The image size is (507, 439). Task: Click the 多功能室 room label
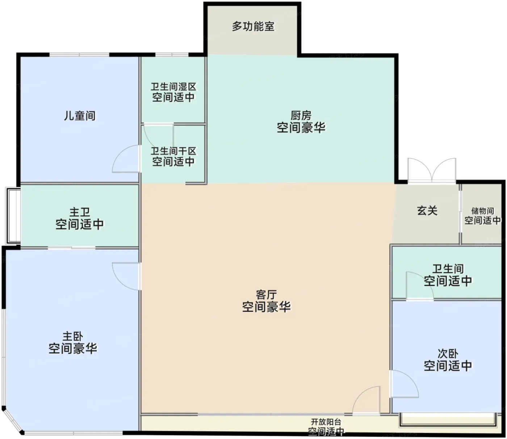(x=253, y=26)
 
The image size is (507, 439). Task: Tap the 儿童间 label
(x=80, y=116)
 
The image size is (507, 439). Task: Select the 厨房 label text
(x=301, y=115)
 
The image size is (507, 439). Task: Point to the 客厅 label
(x=267, y=295)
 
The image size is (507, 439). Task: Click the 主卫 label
(x=80, y=212)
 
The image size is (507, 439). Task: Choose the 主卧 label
(x=73, y=336)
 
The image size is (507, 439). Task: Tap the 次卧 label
(x=448, y=354)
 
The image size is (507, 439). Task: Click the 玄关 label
(x=427, y=211)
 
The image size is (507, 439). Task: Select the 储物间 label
(x=482, y=211)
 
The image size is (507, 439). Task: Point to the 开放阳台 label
(x=326, y=422)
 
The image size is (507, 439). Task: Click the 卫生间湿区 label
(x=173, y=86)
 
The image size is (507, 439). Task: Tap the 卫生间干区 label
(x=173, y=151)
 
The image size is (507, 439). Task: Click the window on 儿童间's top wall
(x=79, y=55)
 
